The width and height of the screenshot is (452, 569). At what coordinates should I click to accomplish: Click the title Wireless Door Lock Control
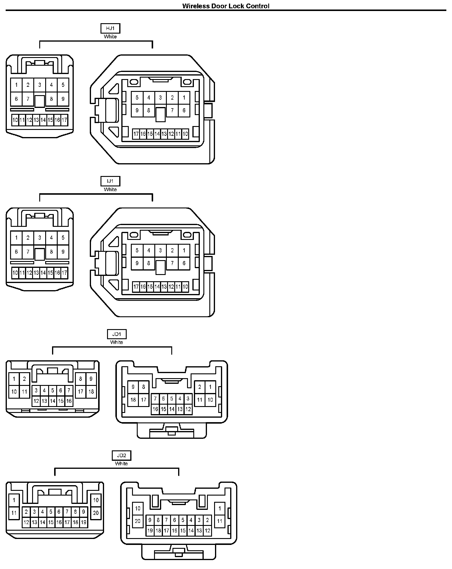[x=226, y=6]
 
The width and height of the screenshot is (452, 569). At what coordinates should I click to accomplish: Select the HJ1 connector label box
[x=110, y=29]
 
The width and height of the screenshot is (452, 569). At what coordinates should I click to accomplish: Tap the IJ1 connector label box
[x=110, y=181]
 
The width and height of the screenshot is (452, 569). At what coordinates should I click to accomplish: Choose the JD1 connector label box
[x=117, y=334]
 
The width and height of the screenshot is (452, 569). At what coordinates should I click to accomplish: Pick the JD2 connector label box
[x=121, y=455]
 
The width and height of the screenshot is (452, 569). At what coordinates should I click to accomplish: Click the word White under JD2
[x=121, y=463]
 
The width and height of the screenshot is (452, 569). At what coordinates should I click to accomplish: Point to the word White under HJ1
[x=110, y=37]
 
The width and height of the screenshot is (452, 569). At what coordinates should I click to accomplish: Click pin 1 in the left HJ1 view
[x=16, y=85]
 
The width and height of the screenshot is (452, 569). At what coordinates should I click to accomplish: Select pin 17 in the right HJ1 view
[x=136, y=134]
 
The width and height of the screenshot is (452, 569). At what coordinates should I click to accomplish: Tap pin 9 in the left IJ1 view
[x=63, y=252]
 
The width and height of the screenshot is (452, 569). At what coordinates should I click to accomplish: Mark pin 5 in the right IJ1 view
[x=137, y=250]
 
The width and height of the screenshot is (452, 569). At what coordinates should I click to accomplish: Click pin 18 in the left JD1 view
[x=91, y=392]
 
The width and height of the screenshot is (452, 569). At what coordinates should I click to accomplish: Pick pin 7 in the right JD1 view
[x=155, y=399]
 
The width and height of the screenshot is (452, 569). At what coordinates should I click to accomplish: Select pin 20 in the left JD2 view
[x=96, y=513]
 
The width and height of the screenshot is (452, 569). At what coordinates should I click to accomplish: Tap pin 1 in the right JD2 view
[x=220, y=508]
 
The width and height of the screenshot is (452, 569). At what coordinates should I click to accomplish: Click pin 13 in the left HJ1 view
[x=36, y=120]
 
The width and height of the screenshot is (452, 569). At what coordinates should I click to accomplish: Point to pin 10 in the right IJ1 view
[x=185, y=287]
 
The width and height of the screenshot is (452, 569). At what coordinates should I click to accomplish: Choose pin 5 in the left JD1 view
[x=52, y=390]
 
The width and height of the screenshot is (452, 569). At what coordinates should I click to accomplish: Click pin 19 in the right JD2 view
[x=150, y=531]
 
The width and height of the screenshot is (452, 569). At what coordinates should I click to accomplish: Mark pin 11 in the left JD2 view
[x=14, y=513]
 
